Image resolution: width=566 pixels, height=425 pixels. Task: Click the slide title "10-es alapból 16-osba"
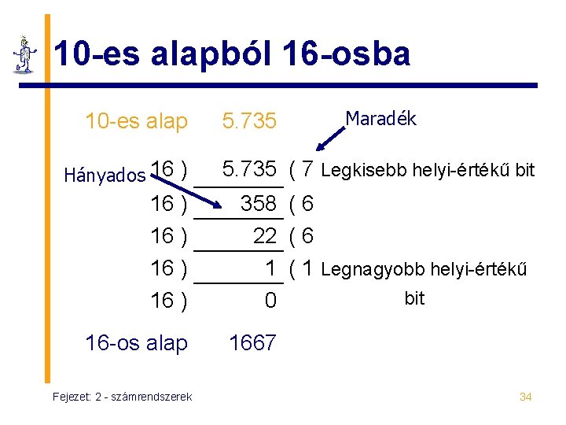[231, 54]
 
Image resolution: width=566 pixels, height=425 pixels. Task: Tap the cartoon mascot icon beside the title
[26, 55]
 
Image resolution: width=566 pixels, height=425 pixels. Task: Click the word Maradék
[380, 119]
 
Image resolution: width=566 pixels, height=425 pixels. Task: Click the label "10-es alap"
[136, 121]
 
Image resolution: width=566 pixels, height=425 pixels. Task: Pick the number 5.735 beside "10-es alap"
[249, 121]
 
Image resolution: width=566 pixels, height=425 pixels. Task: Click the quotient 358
[258, 204]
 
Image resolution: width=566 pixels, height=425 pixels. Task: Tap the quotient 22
[265, 236]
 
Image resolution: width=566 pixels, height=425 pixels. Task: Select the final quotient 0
[270, 301]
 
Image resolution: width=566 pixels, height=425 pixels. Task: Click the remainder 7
[307, 169]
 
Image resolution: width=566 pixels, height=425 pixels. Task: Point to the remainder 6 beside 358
[307, 204]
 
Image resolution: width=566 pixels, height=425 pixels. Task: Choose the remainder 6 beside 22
[307, 236]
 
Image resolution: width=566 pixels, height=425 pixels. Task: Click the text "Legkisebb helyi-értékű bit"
[428, 170]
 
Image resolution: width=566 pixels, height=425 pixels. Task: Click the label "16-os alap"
[136, 343]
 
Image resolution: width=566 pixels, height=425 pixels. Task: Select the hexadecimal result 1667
[252, 343]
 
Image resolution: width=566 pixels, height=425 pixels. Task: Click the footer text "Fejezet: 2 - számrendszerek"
[122, 397]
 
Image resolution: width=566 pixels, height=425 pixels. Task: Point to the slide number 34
[526, 397]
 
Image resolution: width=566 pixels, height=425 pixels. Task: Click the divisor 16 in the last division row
[162, 301]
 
